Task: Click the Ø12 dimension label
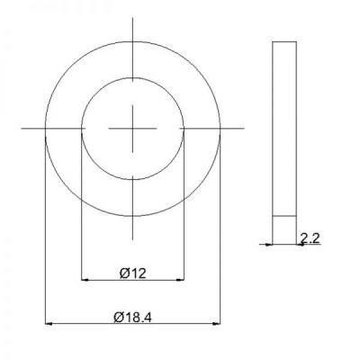133,274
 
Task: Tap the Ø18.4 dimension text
132,317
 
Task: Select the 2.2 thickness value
310,238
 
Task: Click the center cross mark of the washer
132,129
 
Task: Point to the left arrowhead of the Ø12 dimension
85,280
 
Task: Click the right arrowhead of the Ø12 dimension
180,280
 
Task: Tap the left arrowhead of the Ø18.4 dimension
49,324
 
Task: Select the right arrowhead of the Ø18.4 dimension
217,324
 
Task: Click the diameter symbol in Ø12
124,274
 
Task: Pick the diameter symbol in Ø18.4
118,317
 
